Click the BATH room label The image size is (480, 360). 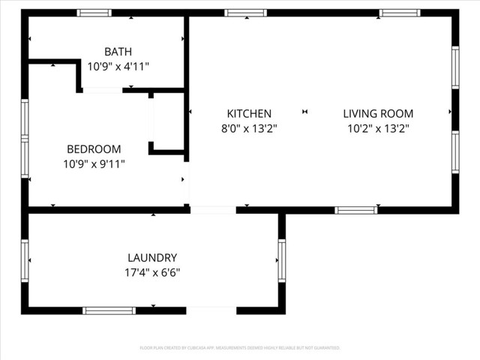tap(118, 52)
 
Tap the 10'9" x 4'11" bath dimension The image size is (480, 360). tap(118, 66)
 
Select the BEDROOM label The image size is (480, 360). tap(93, 149)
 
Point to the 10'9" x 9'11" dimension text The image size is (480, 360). tap(93, 163)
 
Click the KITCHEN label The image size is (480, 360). tap(249, 114)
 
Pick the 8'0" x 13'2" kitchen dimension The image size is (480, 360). tap(249, 128)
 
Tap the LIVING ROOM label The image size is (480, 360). tap(378, 114)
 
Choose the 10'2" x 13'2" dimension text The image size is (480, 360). tap(378, 128)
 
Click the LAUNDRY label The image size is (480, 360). tap(152, 257)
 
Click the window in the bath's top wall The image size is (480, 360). tap(94, 13)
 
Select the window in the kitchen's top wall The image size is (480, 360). tap(245, 13)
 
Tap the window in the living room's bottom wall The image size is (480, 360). tap(355, 210)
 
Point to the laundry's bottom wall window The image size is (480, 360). tap(109, 310)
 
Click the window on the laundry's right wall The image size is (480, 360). tap(282, 260)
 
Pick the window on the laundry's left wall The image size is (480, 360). tap(25, 260)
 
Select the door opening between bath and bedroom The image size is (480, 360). tap(102, 91)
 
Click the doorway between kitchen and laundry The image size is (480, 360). tap(212, 210)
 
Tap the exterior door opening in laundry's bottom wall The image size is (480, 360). tap(211, 310)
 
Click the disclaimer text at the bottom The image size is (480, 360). tap(240, 348)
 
